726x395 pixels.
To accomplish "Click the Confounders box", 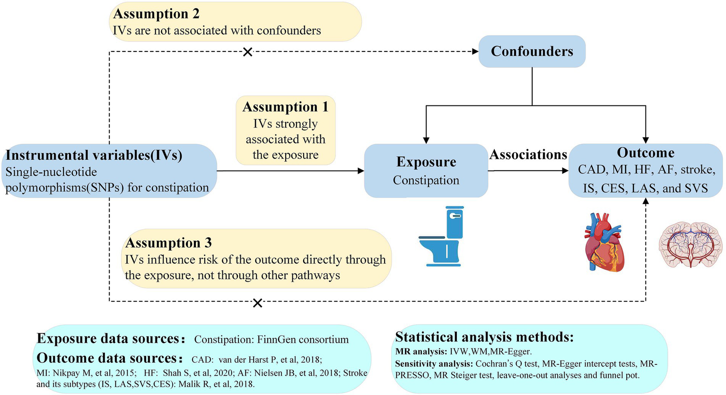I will point(532,51).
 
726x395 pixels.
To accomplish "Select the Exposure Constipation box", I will point(426,171).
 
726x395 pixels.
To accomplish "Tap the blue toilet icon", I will point(442,236).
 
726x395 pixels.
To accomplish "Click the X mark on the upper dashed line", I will point(247,52).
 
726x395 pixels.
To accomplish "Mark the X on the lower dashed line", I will point(257,303).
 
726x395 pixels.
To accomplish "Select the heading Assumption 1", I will point(285,107).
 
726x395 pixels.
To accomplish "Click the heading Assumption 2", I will point(156,14).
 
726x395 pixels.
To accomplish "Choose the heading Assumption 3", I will point(168,242).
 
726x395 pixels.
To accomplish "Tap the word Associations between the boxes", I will point(528,155).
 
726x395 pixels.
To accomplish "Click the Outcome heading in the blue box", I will point(646,153).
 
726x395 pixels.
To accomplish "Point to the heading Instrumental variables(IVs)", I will point(94,155).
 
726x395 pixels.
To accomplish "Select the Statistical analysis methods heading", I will point(484,337).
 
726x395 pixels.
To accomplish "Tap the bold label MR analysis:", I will point(421,352).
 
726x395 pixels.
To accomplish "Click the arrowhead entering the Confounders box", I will point(475,52).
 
